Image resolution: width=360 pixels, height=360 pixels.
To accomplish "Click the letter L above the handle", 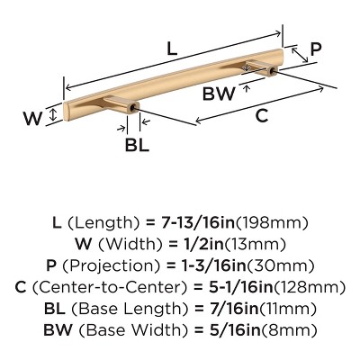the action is (172, 49).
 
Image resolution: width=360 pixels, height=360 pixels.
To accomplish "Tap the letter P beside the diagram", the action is (316, 49).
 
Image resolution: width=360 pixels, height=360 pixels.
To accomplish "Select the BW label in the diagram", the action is (219, 94).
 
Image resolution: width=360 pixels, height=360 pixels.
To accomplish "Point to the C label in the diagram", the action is (262, 115).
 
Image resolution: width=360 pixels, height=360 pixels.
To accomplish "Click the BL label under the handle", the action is (137, 145).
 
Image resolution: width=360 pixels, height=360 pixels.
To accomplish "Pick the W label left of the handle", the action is (32, 119).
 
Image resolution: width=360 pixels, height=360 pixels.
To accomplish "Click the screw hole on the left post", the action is (133, 107).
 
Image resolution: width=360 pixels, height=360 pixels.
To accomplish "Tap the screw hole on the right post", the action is (272, 71).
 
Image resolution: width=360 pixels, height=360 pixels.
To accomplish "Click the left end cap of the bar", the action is (66, 112).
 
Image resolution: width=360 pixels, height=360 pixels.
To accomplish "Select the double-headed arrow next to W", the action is (53, 115).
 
